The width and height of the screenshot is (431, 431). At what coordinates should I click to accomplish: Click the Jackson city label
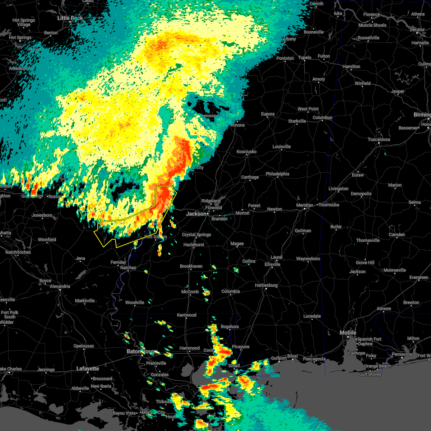tap(196, 214)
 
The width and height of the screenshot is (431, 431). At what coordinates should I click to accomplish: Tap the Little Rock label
tap(70, 18)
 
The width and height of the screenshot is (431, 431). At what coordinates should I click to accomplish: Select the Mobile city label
tap(348, 333)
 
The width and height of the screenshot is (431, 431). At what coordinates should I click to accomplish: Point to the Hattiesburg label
tap(266, 285)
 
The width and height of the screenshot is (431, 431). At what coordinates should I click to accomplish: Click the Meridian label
tap(304, 205)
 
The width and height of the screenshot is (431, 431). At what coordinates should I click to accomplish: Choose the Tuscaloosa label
tap(379, 139)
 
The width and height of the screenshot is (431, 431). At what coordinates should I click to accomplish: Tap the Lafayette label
tap(88, 369)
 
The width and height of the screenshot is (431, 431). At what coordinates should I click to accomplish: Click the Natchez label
tap(128, 268)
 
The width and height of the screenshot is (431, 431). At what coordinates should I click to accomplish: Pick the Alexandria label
tap(60, 286)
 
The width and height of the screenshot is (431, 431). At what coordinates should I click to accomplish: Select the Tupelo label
tap(305, 57)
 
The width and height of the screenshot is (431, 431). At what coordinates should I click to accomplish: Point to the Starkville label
tap(297, 121)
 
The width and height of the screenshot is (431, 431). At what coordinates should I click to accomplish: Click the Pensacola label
tap(402, 354)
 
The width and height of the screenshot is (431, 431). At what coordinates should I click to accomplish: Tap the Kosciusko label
tap(246, 152)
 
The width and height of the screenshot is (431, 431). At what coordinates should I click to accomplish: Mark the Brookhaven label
tap(191, 266)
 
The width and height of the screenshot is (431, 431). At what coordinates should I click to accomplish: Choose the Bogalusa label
tap(230, 326)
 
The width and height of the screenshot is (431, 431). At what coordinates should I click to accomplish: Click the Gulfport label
tap(279, 358)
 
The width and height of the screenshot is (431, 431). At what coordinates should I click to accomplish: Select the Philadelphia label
tap(277, 174)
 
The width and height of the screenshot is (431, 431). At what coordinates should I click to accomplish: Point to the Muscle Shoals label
tap(372, 25)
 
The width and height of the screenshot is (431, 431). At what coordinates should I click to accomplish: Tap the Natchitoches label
tap(18, 252)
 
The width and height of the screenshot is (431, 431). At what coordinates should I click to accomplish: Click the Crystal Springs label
tap(196, 235)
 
